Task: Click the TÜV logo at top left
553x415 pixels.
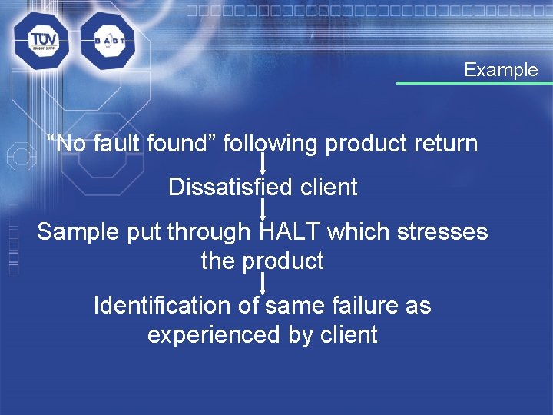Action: tap(40, 40)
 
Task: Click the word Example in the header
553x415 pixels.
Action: tap(501, 70)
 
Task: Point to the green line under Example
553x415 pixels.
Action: tap(474, 83)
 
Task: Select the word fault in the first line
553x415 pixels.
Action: tap(118, 144)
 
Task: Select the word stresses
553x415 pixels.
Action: tap(442, 231)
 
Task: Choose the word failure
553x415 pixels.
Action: tap(363, 305)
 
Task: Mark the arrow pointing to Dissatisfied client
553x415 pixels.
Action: tap(263, 164)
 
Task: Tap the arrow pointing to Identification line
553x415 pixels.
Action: tap(263, 282)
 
